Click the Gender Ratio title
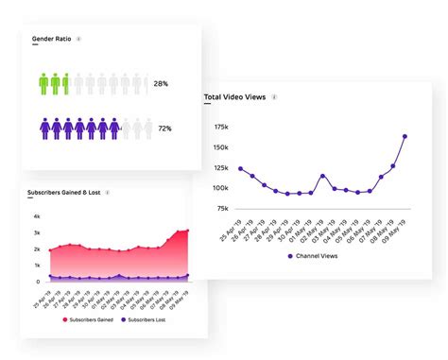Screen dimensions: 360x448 point(53,40)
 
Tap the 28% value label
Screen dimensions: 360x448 point(163,84)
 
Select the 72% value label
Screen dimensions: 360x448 point(164,127)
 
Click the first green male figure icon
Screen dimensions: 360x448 point(44,83)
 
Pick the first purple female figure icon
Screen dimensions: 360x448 point(44,126)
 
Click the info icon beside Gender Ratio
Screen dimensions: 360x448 point(78,40)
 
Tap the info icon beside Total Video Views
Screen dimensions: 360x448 point(275,96)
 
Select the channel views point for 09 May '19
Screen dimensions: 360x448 point(405,136)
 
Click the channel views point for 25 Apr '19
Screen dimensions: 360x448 point(240,168)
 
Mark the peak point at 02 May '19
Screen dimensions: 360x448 point(322,176)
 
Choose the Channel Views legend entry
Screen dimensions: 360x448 point(312,255)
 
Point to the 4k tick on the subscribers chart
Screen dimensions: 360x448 point(36,216)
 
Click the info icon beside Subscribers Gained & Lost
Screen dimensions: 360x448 point(108,192)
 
